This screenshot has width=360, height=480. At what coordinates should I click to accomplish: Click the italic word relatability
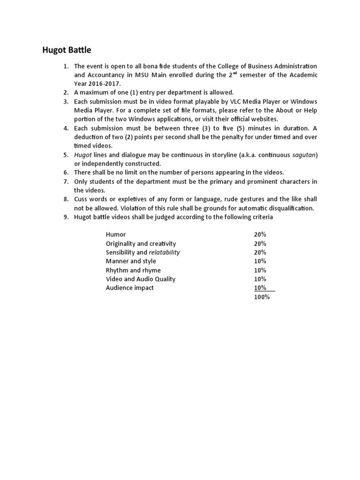[164, 252]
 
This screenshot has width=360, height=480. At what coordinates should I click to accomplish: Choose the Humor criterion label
[116, 234]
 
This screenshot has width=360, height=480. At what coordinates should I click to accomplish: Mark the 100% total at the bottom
[262, 297]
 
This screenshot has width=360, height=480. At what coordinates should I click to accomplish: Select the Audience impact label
[130, 288]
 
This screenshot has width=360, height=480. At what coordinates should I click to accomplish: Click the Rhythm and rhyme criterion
[133, 270]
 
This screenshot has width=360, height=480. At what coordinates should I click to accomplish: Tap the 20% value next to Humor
[260, 234]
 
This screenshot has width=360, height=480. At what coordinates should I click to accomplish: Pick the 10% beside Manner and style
[260, 261]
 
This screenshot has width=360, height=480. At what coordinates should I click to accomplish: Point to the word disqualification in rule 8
[291, 208]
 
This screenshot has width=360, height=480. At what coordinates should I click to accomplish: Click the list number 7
[66, 181]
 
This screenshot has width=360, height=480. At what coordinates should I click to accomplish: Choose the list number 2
[66, 92]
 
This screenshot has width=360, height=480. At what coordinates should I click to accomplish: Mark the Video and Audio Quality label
[141, 279]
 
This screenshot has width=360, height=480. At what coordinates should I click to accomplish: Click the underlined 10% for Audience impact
[260, 288]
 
